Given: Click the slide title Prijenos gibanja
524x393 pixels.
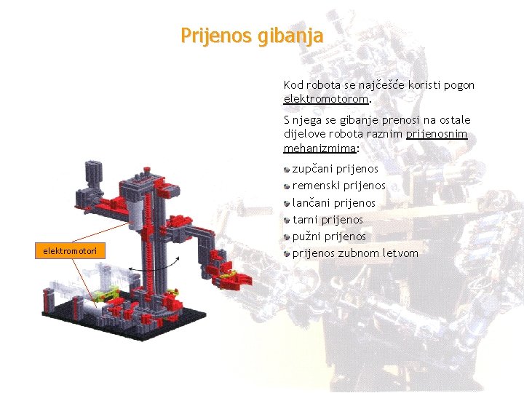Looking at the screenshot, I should pyautogui.click(x=252, y=36).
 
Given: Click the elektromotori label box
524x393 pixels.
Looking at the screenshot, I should pyautogui.click(x=71, y=251).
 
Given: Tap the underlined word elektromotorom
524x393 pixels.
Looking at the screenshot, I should pyautogui.click(x=326, y=98).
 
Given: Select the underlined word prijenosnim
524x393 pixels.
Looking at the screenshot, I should pyautogui.click(x=437, y=134).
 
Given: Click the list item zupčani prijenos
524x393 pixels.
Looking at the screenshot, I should pyautogui.click(x=336, y=169).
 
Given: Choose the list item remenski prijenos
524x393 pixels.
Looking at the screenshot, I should pyautogui.click(x=338, y=186).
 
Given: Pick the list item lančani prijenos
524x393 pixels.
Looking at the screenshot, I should pyautogui.click(x=334, y=203).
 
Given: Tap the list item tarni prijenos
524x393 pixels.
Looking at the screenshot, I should pyautogui.click(x=327, y=220).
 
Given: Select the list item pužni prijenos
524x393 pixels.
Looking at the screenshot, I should pyautogui.click(x=329, y=237).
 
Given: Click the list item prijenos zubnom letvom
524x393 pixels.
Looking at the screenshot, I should pyautogui.click(x=355, y=253).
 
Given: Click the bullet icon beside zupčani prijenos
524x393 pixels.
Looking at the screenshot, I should pyautogui.click(x=287, y=169).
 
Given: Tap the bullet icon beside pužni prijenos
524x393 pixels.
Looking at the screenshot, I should pyautogui.click(x=287, y=237).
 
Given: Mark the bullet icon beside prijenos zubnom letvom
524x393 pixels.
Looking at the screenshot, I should pyautogui.click(x=287, y=253).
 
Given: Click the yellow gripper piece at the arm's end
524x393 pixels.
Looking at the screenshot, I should pyautogui.click(x=231, y=276).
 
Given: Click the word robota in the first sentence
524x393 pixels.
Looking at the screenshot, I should pyautogui.click(x=322, y=85).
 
